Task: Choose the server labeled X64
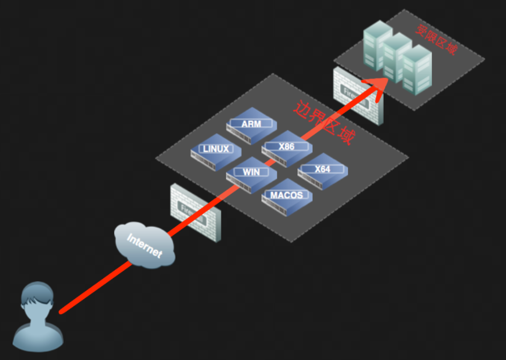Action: pyautogui.click(x=323, y=171)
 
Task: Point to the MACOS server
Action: pyautogui.click(x=287, y=197)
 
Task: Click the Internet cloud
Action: pyautogui.click(x=145, y=245)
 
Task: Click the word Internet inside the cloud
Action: pyautogui.click(x=145, y=245)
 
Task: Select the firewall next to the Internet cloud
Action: pyautogui.click(x=196, y=212)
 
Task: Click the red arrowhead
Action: pyautogui.click(x=375, y=87)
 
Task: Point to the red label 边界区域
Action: pyautogui.click(x=324, y=123)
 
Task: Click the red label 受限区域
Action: pyautogui.click(x=436, y=40)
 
